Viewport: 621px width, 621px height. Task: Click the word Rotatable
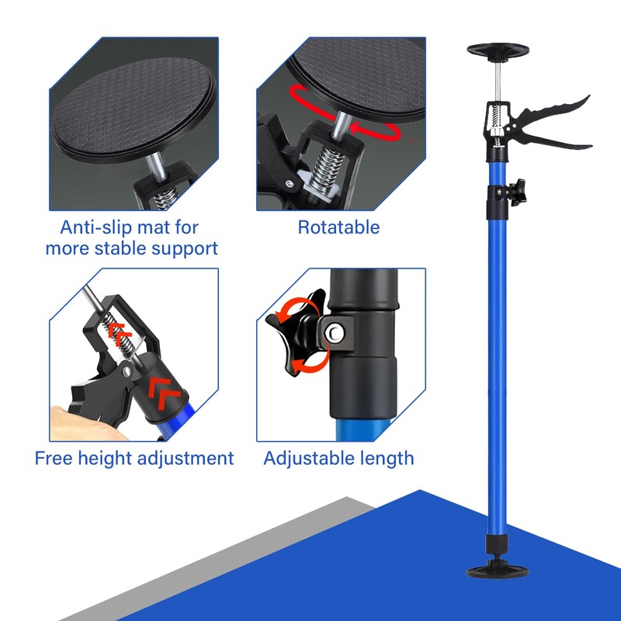pyautogui.click(x=338, y=227)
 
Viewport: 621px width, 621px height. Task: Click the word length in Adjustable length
pyautogui.click(x=382, y=458)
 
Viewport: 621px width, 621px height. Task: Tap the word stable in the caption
pyautogui.click(x=127, y=248)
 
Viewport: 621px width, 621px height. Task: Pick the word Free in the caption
pyautogui.click(x=51, y=458)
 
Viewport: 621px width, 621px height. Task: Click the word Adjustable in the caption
pyautogui.click(x=306, y=458)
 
